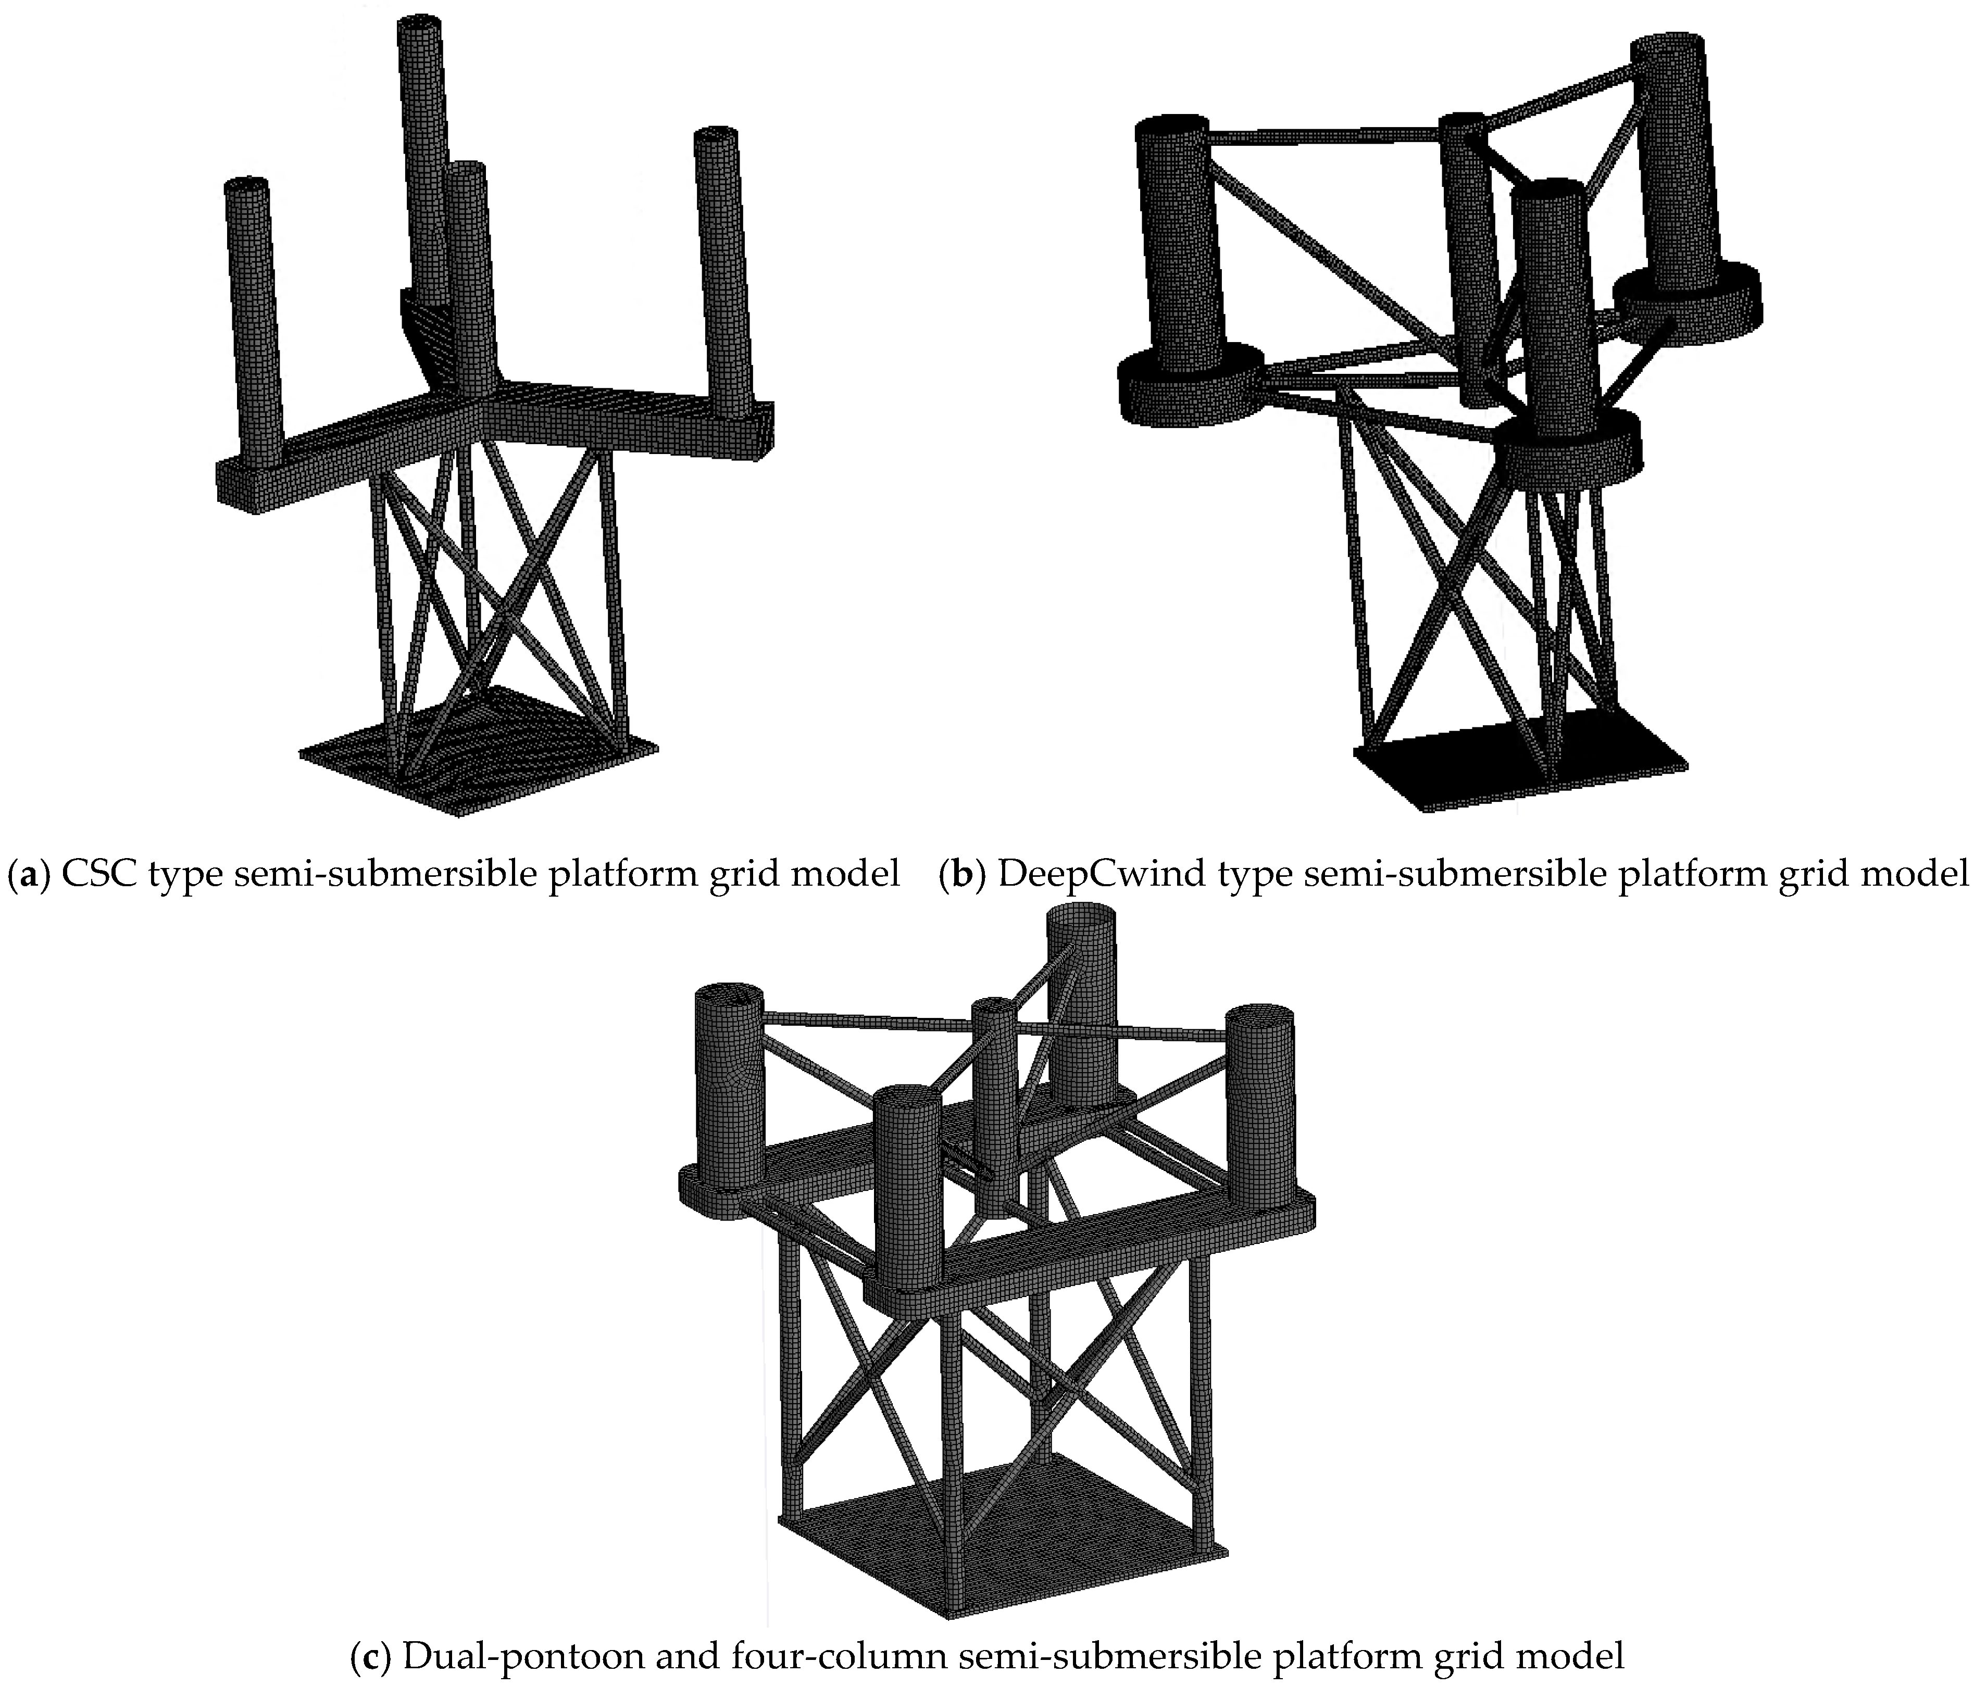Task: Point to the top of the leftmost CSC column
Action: (x=246, y=187)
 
